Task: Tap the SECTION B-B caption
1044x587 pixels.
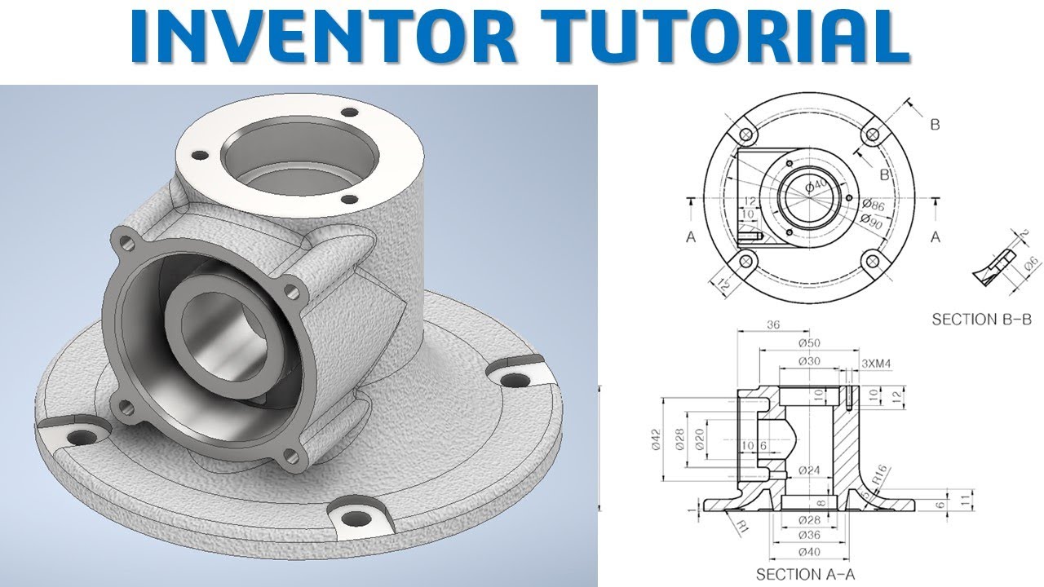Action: click(981, 319)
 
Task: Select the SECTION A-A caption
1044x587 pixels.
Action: click(805, 574)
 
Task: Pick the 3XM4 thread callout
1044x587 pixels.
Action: click(875, 364)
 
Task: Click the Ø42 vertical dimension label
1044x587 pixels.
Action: click(657, 440)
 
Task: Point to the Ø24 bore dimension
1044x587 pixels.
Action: click(808, 470)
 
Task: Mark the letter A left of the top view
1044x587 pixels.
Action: click(691, 236)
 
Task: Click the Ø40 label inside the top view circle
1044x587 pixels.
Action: click(816, 188)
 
